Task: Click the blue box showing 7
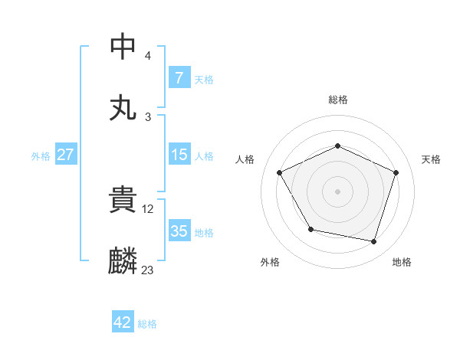tap(179, 77)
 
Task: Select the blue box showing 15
tap(179, 155)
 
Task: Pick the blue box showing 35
tap(179, 231)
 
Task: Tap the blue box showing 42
tap(123, 322)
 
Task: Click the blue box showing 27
tap(65, 155)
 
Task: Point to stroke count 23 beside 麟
tap(147, 270)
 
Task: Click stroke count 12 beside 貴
tap(149, 208)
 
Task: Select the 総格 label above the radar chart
tap(338, 100)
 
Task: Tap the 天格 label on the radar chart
tap(432, 159)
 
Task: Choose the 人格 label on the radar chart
tap(245, 159)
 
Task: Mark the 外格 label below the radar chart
tap(270, 262)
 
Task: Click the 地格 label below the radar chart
tap(402, 262)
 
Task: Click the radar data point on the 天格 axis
tap(396, 172)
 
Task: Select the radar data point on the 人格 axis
tap(280, 172)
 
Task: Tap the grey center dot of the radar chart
tap(338, 191)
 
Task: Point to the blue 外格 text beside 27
tap(41, 155)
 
